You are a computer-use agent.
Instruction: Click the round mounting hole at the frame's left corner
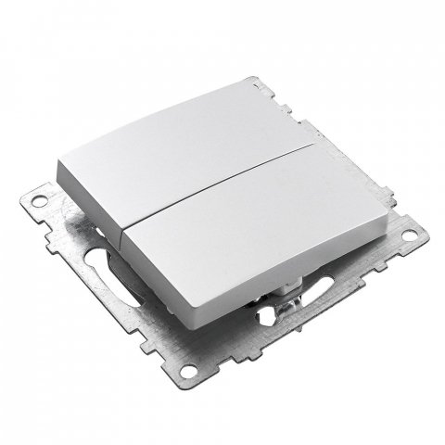click(x=42, y=197)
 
